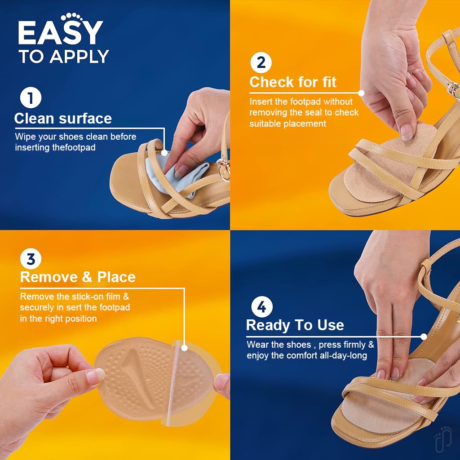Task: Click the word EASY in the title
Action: pos(61,33)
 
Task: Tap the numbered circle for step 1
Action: pos(31,97)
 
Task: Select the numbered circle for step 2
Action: pos(261,62)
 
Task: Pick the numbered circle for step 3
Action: pos(31,259)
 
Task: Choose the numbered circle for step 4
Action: pos(262,306)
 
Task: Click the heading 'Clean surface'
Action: pos(63,119)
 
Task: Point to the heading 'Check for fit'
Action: pos(293,82)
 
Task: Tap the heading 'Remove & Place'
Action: pos(78,277)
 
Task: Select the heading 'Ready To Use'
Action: pos(295,325)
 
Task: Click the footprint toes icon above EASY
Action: pos(71,16)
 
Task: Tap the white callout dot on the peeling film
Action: pos(184,348)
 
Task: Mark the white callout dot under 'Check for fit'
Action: pos(362,93)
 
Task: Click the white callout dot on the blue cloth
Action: pos(164,153)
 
